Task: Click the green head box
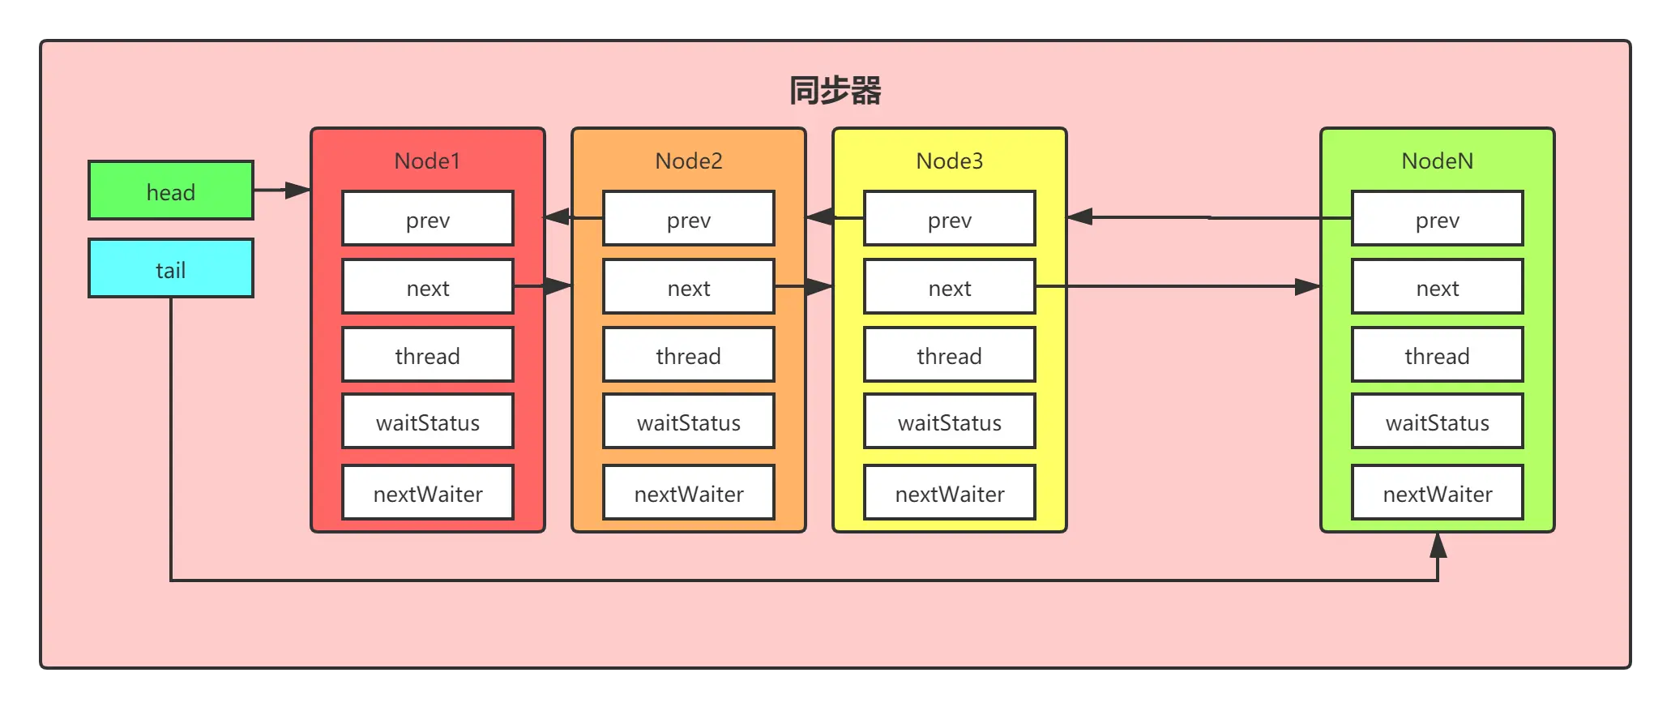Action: tap(171, 191)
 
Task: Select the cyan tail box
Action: tap(171, 268)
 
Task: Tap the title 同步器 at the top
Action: tap(835, 90)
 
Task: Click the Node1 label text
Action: tap(427, 161)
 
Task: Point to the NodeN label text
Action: tap(1437, 161)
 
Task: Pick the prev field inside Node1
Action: tap(427, 219)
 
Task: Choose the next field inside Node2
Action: tap(688, 287)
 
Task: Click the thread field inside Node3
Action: tap(949, 355)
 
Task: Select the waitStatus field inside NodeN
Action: tap(1437, 422)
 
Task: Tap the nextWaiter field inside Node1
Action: tap(427, 493)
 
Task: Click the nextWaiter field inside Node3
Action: tap(949, 493)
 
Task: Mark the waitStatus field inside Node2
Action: tap(688, 422)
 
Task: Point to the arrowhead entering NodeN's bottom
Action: tap(1438, 546)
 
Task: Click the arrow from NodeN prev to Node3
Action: tap(1207, 217)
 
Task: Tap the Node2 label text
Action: tap(688, 161)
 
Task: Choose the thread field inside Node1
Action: tap(427, 355)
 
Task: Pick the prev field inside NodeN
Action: tap(1437, 219)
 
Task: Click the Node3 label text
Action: tap(949, 161)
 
